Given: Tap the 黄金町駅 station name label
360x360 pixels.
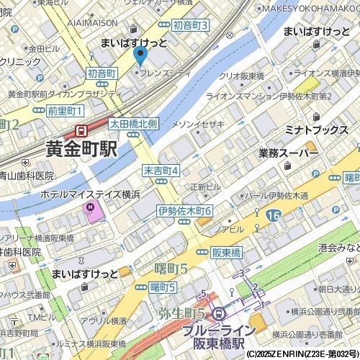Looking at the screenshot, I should [x=81, y=149].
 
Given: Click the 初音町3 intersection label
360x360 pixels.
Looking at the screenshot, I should [x=192, y=26].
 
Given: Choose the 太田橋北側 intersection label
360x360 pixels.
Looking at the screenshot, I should [x=132, y=124].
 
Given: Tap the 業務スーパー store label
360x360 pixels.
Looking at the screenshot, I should [x=289, y=152].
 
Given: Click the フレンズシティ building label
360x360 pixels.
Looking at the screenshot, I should [x=167, y=73].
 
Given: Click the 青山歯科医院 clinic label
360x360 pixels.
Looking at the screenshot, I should [x=27, y=175].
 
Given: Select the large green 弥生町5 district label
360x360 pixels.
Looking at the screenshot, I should [x=180, y=314].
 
